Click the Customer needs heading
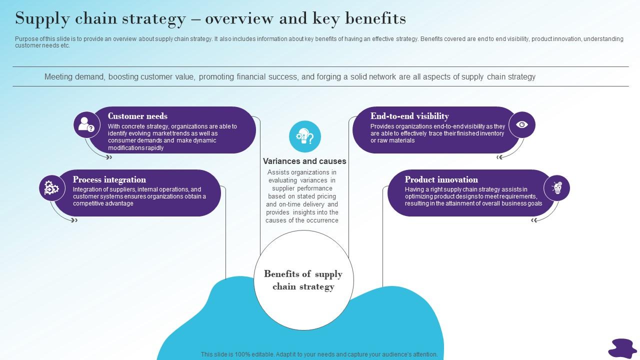click(137, 116)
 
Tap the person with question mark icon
click(86, 125)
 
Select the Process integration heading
click(109, 179)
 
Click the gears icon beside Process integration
click(51, 188)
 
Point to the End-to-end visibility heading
click(409, 116)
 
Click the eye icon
click(522, 125)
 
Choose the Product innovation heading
click(441, 179)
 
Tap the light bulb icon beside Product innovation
click(557, 188)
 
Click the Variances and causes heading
click(304, 161)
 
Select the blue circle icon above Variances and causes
click(305, 136)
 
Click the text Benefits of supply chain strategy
click(303, 280)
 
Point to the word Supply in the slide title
click(42, 19)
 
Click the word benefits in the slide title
click(375, 18)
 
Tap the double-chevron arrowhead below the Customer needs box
click(109, 157)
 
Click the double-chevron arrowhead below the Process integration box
click(74, 220)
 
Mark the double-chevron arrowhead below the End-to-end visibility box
click(499, 157)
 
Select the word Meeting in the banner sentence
click(58, 77)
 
